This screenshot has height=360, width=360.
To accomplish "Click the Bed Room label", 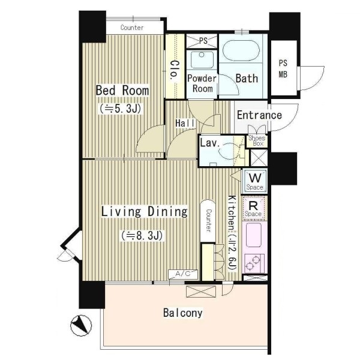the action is click(x=122, y=90).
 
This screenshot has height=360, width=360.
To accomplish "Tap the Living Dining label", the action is click(x=145, y=212).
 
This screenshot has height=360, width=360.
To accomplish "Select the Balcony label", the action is click(x=183, y=313).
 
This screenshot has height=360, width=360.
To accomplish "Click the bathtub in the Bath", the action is click(x=241, y=51).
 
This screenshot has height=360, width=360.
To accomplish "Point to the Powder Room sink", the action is click(x=202, y=59).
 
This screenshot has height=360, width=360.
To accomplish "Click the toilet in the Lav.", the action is click(x=230, y=150).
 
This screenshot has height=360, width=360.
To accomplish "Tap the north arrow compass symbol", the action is click(x=81, y=326).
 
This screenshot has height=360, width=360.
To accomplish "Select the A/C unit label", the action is click(x=183, y=274).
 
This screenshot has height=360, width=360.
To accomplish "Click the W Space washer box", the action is click(x=254, y=181).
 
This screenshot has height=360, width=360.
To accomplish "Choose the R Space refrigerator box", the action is click(x=253, y=208).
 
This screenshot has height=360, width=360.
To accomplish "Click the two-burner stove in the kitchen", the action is click(x=254, y=263).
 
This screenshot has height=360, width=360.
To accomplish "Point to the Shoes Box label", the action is click(x=257, y=141).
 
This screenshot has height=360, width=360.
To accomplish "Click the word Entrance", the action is click(x=259, y=115).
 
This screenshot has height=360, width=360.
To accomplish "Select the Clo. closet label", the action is click(x=175, y=70).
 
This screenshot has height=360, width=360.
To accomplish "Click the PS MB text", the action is click(x=283, y=68).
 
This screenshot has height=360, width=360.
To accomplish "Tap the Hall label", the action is click(x=185, y=123).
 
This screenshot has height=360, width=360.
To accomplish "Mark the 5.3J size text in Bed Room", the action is click(x=120, y=109).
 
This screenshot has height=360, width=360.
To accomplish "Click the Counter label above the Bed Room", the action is click(x=132, y=28).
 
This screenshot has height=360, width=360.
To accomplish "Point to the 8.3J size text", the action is click(x=142, y=236).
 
